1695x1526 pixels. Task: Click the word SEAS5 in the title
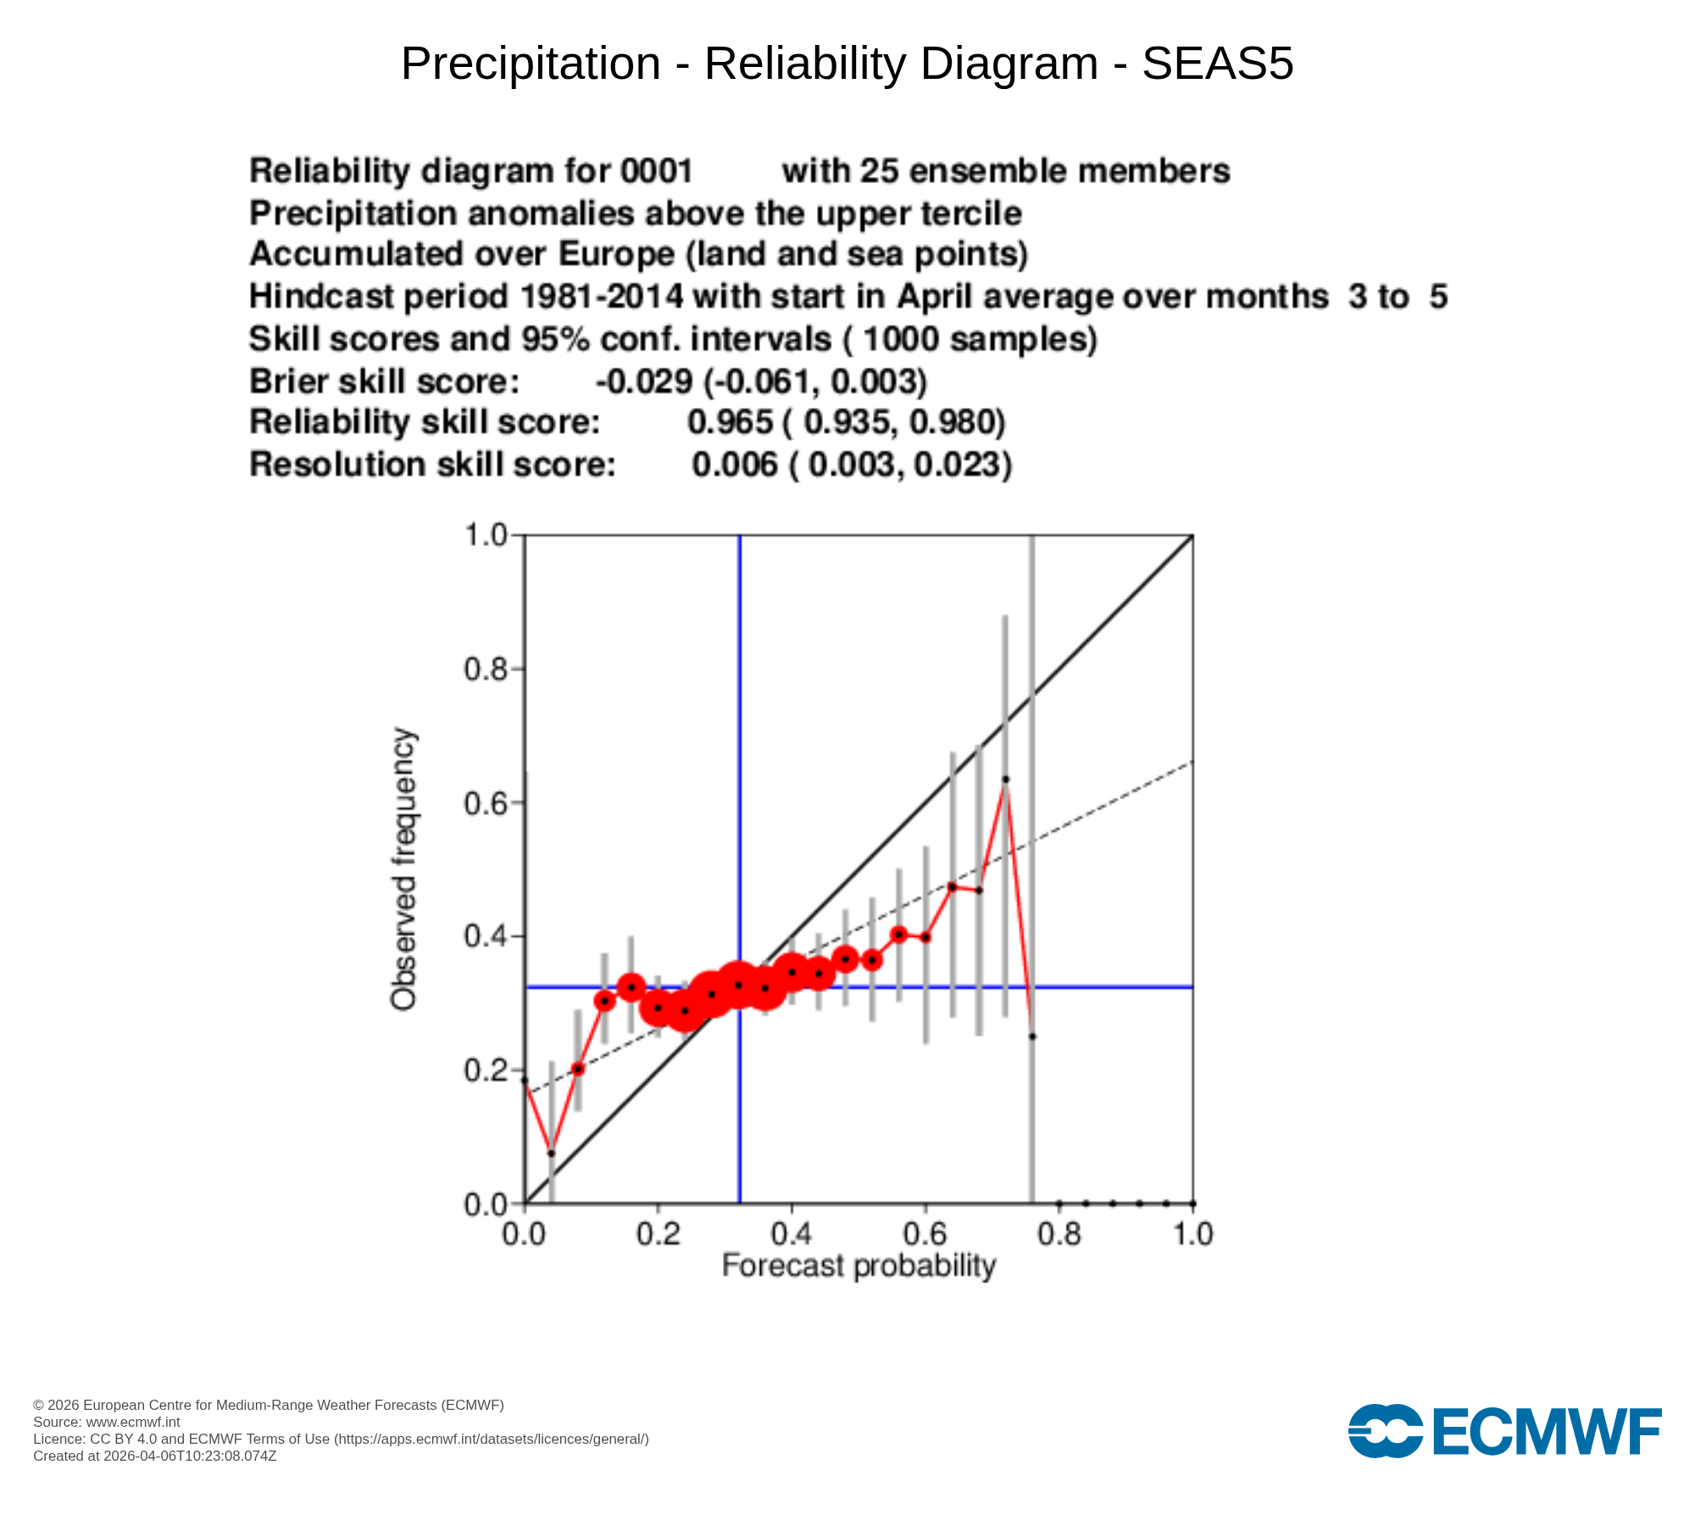[1217, 64]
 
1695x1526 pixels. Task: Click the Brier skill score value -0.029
[644, 381]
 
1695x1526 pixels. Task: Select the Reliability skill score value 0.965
[730, 422]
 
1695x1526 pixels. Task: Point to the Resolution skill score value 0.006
[734, 465]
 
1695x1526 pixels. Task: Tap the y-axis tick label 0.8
[485, 670]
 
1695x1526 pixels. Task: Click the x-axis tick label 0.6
[925, 1234]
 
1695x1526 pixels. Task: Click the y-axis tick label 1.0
[485, 536]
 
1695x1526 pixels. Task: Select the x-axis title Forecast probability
[858, 1266]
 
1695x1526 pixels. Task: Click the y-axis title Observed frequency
[403, 869]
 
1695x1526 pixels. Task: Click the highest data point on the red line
[1006, 779]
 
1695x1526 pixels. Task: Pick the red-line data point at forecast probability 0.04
[552, 1153]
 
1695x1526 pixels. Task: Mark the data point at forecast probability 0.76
[1032, 1037]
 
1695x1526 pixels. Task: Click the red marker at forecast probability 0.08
[578, 1069]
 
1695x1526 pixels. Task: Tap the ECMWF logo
[1504, 1432]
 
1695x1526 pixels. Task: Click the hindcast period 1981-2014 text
[601, 297]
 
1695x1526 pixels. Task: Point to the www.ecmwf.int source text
[133, 1423]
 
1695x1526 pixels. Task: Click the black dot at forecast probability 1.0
[1193, 1203]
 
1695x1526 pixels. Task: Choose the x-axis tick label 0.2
[659, 1234]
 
